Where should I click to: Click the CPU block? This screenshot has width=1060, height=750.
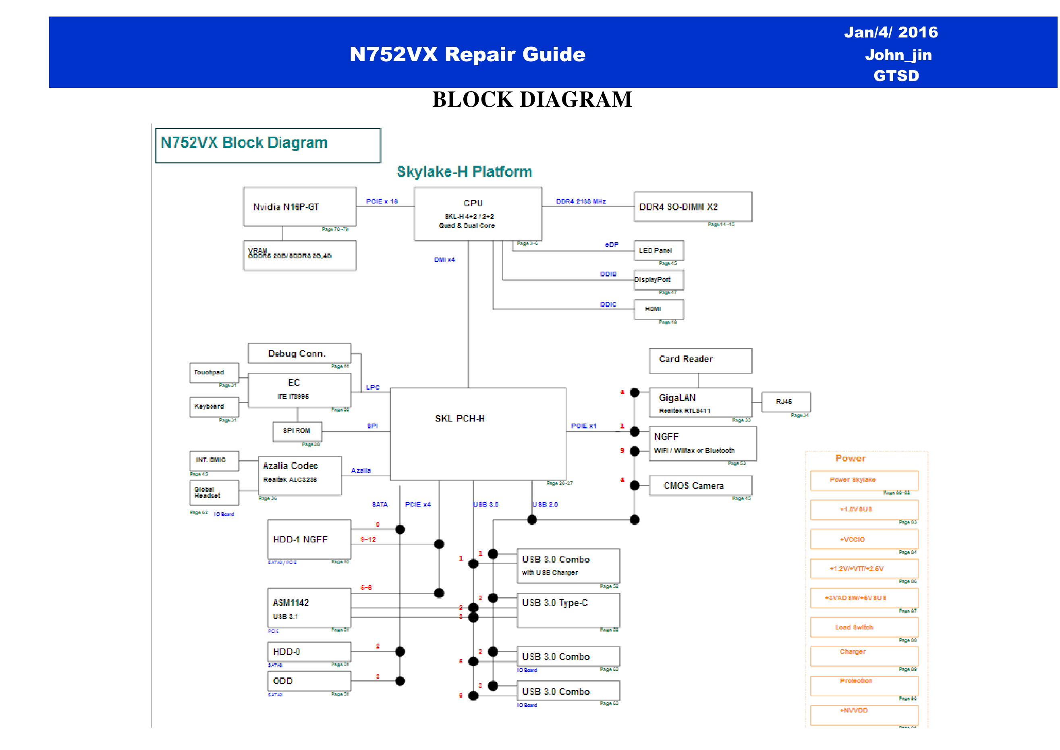pos(478,214)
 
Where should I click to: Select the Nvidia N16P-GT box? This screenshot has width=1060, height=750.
pos(300,207)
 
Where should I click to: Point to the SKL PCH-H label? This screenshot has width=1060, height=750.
pos(460,418)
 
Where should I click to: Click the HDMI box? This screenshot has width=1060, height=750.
pos(658,309)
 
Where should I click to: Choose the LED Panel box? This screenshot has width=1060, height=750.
pos(658,250)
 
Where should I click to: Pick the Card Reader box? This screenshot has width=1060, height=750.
pos(700,360)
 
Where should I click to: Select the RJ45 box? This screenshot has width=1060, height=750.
pos(785,402)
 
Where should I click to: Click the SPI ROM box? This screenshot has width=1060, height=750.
pos(297,431)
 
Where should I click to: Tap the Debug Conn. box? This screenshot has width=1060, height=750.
pos(299,353)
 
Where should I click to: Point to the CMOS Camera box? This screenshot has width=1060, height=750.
pos(700,485)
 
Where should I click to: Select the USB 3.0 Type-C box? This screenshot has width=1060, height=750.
pos(568,610)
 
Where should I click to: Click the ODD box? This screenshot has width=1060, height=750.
pos(309,681)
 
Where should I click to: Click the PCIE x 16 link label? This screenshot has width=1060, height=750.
pos(382,202)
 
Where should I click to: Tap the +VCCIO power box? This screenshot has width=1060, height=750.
pos(864,539)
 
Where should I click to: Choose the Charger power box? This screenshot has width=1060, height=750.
pos(864,656)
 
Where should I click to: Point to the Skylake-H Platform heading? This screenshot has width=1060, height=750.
pos(464,172)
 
